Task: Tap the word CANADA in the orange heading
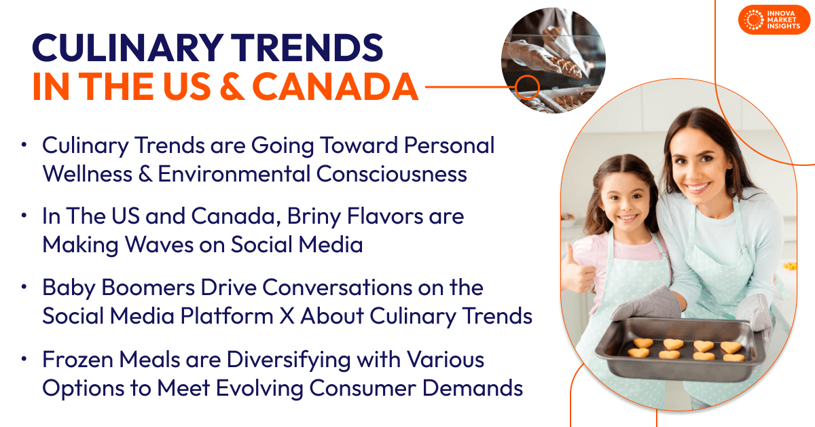[336, 86]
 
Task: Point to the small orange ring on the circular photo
[527, 86]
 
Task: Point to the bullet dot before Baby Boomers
[24, 288]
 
